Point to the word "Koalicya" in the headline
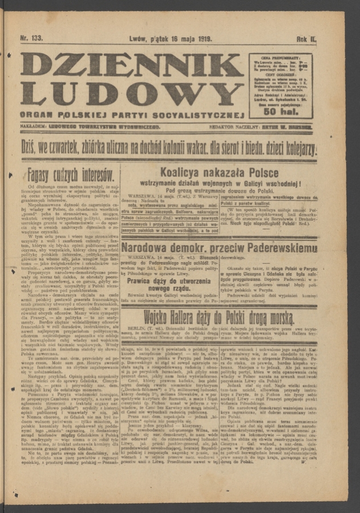coord(182,172)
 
